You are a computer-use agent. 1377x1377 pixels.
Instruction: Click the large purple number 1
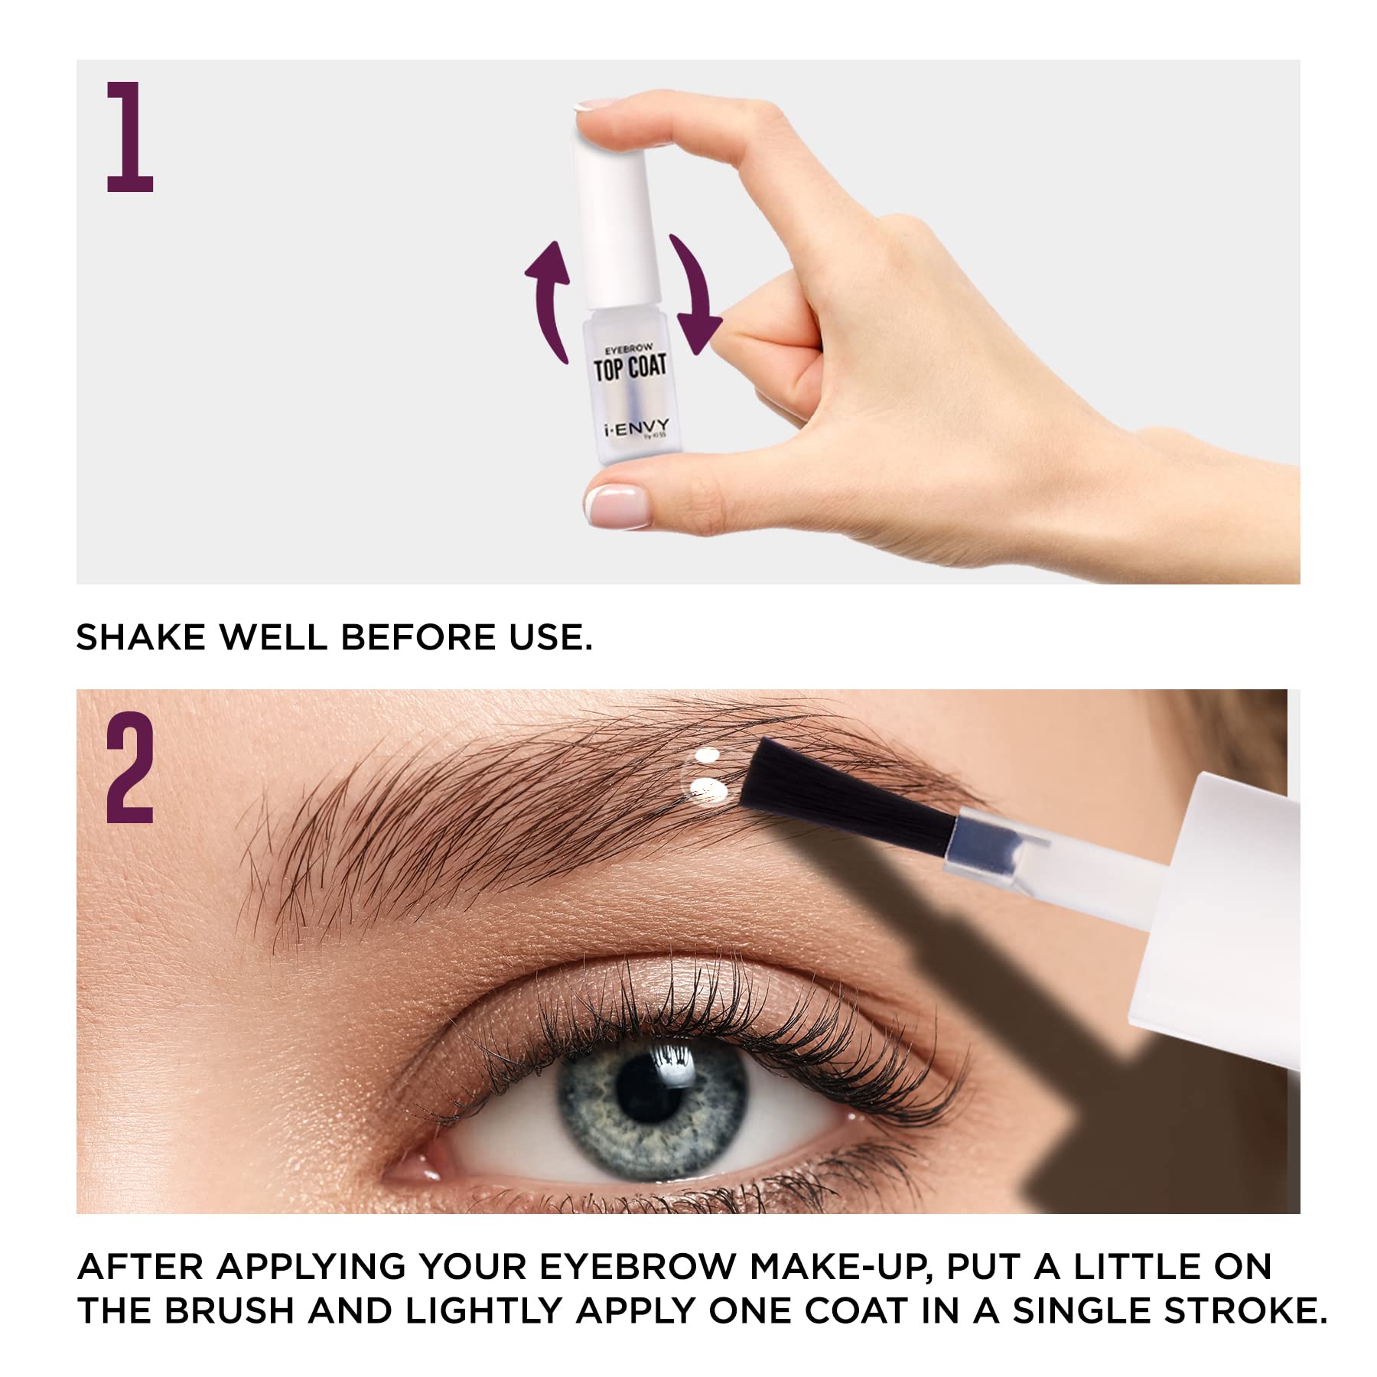pyautogui.click(x=130, y=138)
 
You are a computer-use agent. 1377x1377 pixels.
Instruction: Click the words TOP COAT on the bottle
pyautogui.click(x=630, y=368)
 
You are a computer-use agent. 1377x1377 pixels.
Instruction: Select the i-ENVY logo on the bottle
pyautogui.click(x=635, y=427)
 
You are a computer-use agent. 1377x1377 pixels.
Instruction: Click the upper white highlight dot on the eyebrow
pyautogui.click(x=708, y=756)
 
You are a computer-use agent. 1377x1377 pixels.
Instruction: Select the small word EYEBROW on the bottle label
pyautogui.click(x=629, y=350)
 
